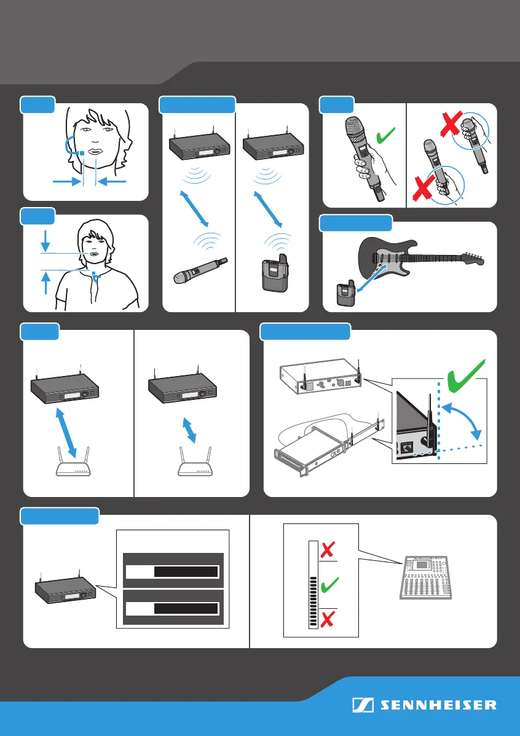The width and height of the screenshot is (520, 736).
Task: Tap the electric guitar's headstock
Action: [x=472, y=257]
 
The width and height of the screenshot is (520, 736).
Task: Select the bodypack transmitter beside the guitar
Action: [x=345, y=295]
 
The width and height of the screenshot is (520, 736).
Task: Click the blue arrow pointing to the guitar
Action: [x=370, y=280]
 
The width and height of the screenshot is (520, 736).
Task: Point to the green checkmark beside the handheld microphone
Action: [x=387, y=136]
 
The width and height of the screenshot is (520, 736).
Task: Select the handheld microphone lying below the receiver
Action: [x=200, y=271]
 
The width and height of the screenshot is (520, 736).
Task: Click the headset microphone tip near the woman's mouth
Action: [x=82, y=153]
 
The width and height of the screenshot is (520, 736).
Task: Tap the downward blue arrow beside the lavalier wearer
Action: [x=45, y=241]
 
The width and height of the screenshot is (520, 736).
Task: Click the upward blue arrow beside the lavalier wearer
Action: [x=45, y=283]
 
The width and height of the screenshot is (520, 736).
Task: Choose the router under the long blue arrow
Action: [x=73, y=463]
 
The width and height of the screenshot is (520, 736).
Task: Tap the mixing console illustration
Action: [x=425, y=577]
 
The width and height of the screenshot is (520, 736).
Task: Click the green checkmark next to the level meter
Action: [x=329, y=584]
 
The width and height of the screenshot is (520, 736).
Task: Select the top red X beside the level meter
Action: [x=328, y=550]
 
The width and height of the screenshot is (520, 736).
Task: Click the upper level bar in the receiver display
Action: [x=172, y=571]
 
